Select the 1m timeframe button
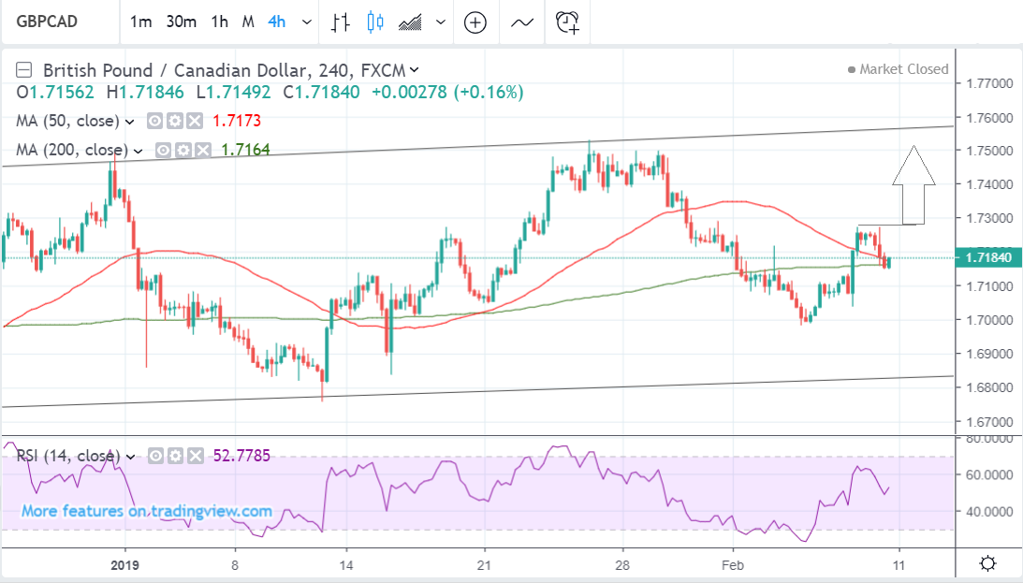point(140,22)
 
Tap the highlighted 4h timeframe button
point(276,22)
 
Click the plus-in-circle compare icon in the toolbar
point(475,22)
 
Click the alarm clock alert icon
point(568,22)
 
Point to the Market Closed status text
point(903,69)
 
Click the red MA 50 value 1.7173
point(237,121)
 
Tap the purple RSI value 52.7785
point(242,456)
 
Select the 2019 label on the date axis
point(124,564)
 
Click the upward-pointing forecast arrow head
point(913,166)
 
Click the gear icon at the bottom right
point(986,563)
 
